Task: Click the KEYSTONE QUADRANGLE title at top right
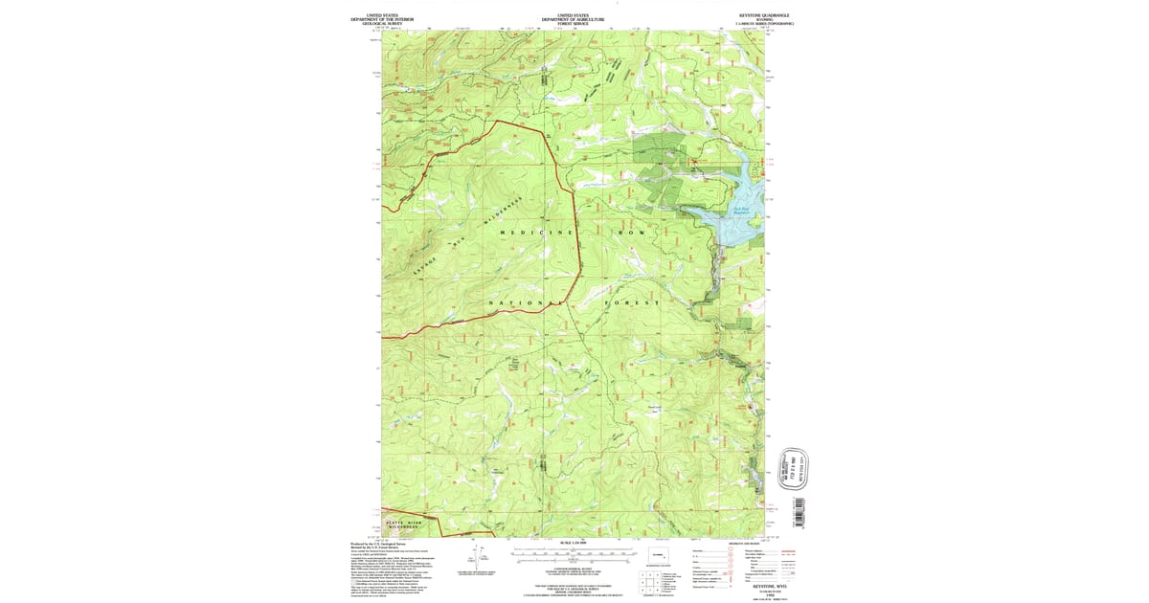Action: tap(762, 15)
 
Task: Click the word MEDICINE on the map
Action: tap(535, 234)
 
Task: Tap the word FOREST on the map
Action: tap(632, 303)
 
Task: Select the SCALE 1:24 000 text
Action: tap(574, 543)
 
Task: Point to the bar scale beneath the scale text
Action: tap(574, 553)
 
